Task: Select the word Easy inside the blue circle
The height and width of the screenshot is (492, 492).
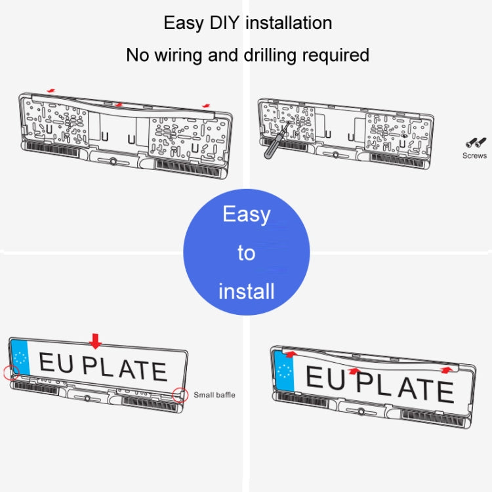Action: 246,214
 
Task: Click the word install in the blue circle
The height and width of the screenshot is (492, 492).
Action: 246,291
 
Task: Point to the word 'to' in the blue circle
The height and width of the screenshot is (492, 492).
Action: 246,253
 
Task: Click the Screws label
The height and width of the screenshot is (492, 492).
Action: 474,155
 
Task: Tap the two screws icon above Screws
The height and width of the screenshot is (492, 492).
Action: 474,142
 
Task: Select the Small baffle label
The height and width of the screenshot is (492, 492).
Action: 214,395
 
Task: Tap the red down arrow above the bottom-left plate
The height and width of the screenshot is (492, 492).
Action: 96,340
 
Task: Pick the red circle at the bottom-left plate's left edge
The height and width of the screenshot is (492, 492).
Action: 10,373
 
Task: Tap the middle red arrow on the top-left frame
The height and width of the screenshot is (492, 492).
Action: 118,104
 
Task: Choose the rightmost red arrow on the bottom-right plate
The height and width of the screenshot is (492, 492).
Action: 447,370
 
